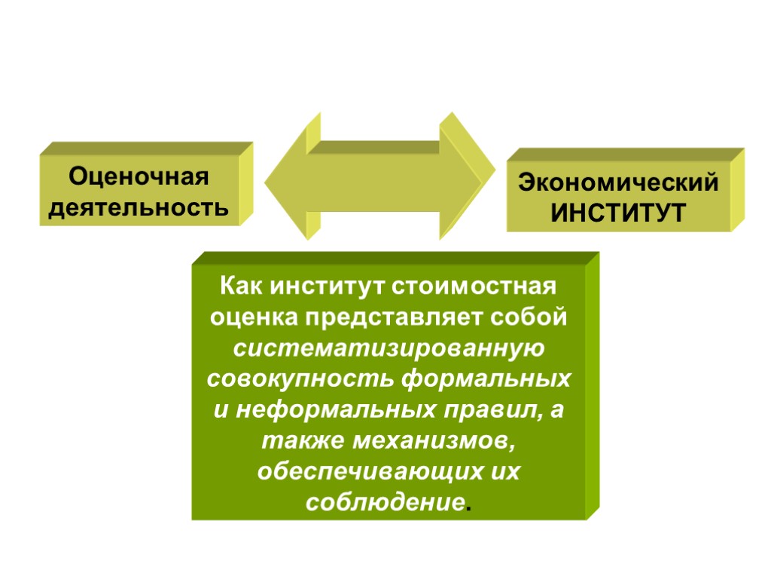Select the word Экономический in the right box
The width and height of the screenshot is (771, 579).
click(x=619, y=183)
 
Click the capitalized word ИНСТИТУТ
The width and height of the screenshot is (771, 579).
click(x=619, y=213)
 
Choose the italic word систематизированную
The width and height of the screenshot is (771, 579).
click(x=389, y=348)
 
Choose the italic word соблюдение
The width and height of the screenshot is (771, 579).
click(x=384, y=501)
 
